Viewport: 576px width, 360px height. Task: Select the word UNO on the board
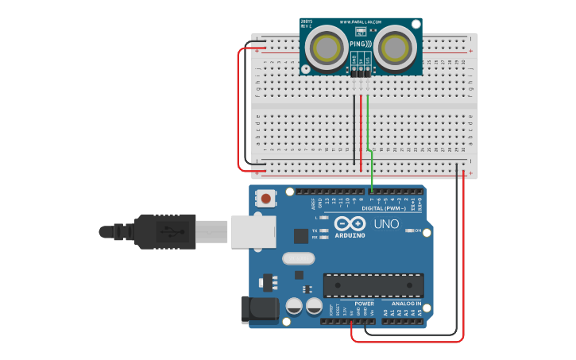[x=386, y=225]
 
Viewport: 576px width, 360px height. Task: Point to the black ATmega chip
[x=373, y=285]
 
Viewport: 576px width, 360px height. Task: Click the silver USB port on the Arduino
[x=253, y=232]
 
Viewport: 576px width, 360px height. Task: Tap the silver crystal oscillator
[x=298, y=258]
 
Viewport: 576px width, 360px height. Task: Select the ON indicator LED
[x=411, y=230]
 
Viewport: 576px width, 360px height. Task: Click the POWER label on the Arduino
[x=364, y=304]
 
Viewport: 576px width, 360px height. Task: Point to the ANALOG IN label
[x=406, y=304]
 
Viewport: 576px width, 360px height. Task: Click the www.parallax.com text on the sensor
[x=361, y=22]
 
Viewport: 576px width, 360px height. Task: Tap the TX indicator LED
[x=325, y=230]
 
